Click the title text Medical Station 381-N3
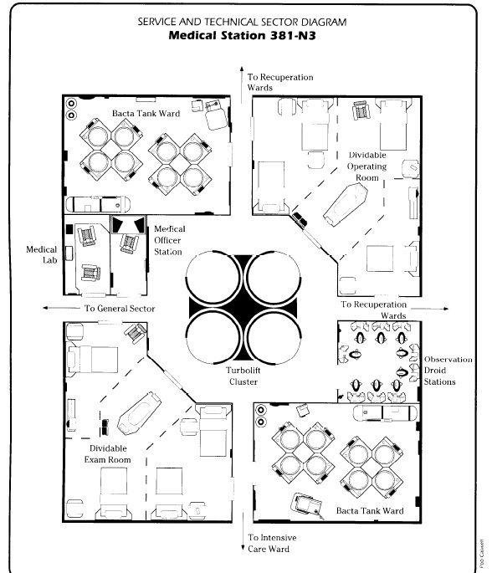click(242, 35)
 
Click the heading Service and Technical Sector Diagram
click(242, 22)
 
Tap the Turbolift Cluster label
click(243, 376)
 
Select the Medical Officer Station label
click(169, 240)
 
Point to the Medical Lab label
click(42, 254)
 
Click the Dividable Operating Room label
click(367, 166)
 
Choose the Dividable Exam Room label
click(108, 454)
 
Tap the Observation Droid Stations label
click(448, 371)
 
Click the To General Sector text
click(120, 309)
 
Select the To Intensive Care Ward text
click(272, 543)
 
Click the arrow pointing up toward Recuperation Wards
click(242, 84)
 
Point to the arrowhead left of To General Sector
click(46, 308)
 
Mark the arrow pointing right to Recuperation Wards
click(430, 309)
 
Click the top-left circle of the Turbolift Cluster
click(213, 278)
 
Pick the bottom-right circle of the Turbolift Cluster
click(274, 337)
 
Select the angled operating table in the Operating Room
click(346, 203)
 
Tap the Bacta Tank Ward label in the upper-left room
click(146, 113)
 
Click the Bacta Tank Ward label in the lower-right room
click(370, 510)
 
